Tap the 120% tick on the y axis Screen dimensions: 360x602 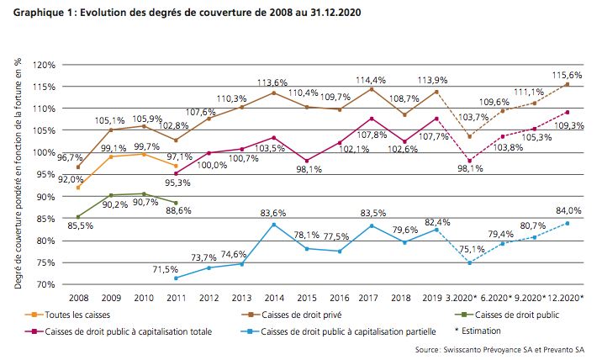[x=45, y=65]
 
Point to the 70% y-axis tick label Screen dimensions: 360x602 [x=46, y=284]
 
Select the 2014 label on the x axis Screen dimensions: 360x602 [x=273, y=299]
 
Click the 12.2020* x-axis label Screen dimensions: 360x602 [x=566, y=299]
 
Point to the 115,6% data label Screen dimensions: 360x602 [x=569, y=76]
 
